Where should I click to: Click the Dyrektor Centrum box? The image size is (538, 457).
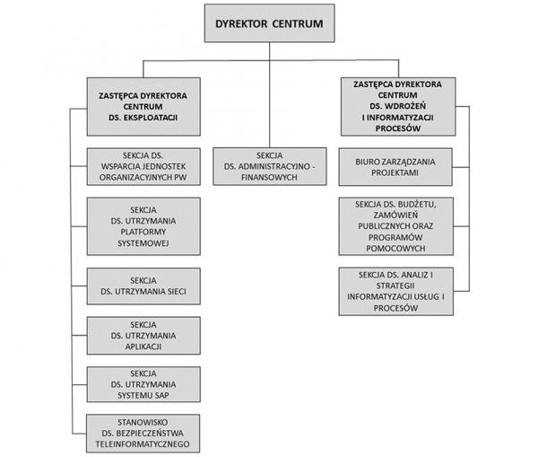click(269, 23)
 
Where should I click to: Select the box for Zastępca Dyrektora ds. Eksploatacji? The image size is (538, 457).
click(143, 107)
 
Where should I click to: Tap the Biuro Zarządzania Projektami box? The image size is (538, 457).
click(395, 167)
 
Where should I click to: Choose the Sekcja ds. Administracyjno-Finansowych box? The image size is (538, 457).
click(269, 166)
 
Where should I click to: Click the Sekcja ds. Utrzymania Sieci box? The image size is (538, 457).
click(143, 286)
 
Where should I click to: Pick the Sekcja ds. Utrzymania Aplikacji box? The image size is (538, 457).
click(143, 336)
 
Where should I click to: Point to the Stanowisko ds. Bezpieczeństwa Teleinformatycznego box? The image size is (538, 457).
click(143, 434)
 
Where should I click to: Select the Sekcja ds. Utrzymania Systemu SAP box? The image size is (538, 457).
click(143, 384)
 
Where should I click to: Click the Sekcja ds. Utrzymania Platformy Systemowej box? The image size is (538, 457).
click(143, 226)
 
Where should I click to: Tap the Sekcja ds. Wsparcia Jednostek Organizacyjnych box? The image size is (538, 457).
click(143, 167)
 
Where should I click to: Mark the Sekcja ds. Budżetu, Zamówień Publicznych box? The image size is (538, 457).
click(395, 226)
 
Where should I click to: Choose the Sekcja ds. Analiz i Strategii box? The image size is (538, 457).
click(395, 292)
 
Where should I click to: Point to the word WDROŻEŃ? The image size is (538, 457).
click(408, 106)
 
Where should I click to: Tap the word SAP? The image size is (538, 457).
click(161, 395)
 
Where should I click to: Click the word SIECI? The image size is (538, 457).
click(177, 292)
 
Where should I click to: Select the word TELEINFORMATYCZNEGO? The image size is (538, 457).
click(143, 444)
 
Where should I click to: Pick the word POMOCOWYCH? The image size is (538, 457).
click(395, 248)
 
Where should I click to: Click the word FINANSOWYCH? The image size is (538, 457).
click(269, 177)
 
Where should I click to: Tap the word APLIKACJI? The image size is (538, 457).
click(143, 347)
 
